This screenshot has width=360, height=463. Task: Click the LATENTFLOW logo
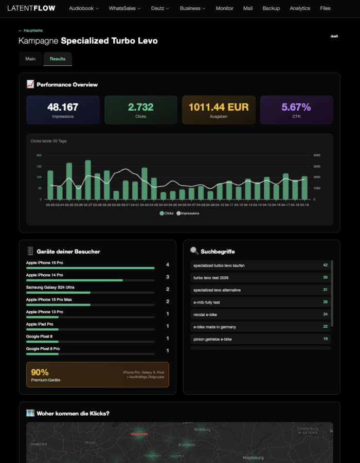pyautogui.click(x=31, y=8)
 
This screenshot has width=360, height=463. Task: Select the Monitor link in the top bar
pyautogui.click(x=224, y=8)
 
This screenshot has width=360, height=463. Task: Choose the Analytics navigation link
pyautogui.click(x=300, y=8)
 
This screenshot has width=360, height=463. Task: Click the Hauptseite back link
pyautogui.click(x=30, y=30)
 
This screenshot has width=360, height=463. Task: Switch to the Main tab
pyautogui.click(x=31, y=59)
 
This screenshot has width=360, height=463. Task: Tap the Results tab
pyautogui.click(x=58, y=59)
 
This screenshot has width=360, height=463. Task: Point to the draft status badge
pyautogui.click(x=334, y=37)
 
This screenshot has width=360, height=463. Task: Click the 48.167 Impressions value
pyautogui.click(x=63, y=107)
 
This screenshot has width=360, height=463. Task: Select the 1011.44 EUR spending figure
pyautogui.click(x=219, y=107)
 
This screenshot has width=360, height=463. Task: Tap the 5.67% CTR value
pyautogui.click(x=296, y=107)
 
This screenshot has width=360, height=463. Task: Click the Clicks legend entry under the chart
pyautogui.click(x=167, y=213)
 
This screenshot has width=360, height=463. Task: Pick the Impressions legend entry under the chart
pyautogui.click(x=188, y=213)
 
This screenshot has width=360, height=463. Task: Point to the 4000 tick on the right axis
pyautogui.click(x=317, y=155)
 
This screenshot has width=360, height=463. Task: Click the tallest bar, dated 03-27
pyautogui.click(x=88, y=180)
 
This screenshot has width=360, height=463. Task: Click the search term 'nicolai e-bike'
pyautogui.click(x=206, y=314)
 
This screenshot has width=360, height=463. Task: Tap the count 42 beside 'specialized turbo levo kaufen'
pyautogui.click(x=325, y=265)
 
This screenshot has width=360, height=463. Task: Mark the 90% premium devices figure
pyautogui.click(x=40, y=372)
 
